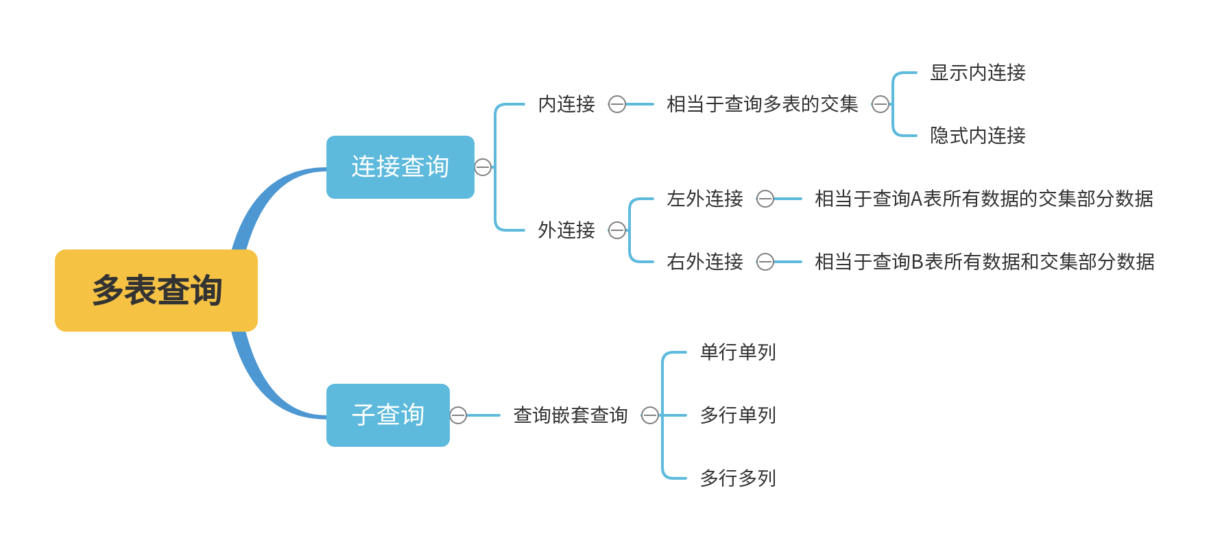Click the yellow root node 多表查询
coord(156,291)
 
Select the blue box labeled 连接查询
coord(400,167)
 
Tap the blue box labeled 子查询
coord(387,415)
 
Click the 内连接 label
coord(566,104)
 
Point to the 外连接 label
coord(566,230)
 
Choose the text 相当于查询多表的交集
coord(762,104)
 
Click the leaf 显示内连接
coord(977,73)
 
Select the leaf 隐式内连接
coord(977,136)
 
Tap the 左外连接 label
coord(704,199)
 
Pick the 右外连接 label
coord(704,262)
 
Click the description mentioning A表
coord(983,199)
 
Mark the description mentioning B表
coord(984,262)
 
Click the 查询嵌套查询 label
coord(571,415)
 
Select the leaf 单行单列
coord(737,352)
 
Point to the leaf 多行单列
coord(737,415)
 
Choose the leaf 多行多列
coord(737,478)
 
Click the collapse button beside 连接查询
coord(483,167)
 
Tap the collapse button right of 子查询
coord(458,415)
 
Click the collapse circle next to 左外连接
coord(765,199)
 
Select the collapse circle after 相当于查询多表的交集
coord(880,104)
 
